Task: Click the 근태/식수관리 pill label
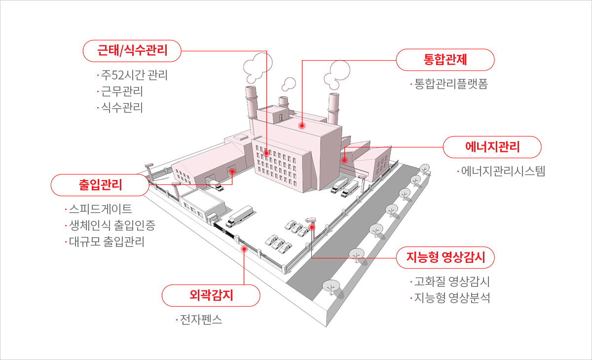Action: [132, 51]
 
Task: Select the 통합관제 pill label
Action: [445, 60]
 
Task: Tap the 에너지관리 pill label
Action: [492, 147]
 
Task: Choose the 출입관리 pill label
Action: [100, 185]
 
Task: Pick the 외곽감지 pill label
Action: [211, 295]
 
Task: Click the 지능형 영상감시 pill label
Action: [445, 257]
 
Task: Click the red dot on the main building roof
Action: [302, 126]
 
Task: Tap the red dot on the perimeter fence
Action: [244, 249]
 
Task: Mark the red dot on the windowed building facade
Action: [266, 153]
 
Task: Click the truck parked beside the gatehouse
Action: [239, 216]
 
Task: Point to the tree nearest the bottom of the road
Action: [332, 287]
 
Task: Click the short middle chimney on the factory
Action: [284, 102]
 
